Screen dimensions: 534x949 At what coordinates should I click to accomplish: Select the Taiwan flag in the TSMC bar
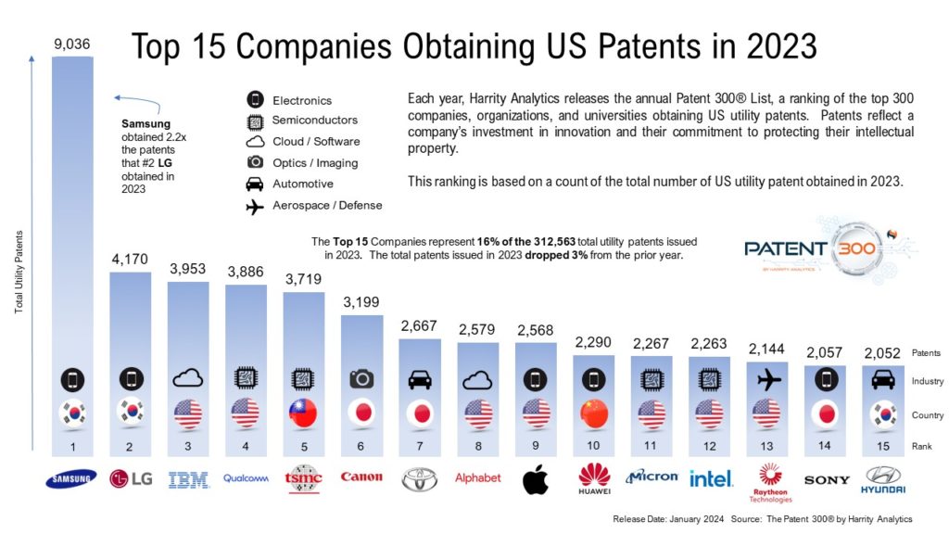pos(303,413)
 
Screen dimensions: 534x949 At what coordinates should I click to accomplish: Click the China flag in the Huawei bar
pos(593,413)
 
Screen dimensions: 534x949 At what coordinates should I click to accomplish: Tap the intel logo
pos(711,478)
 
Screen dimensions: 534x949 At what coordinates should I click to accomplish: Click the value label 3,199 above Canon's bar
pos(361,301)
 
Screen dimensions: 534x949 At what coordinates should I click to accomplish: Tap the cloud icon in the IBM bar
pos(187,378)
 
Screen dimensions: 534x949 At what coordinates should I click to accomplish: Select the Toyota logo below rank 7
pos(419,478)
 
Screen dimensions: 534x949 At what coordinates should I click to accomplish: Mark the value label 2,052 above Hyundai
pos(882,353)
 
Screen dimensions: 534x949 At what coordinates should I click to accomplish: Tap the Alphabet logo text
pos(477,478)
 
